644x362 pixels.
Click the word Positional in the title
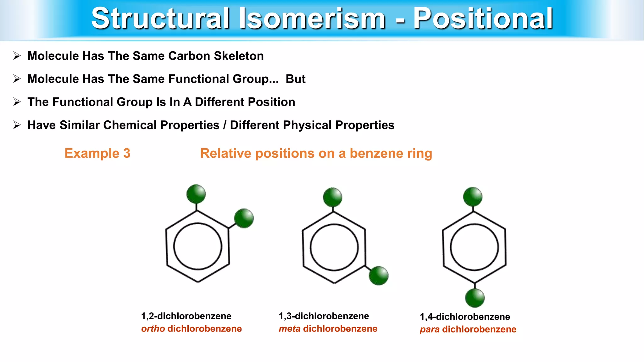[483, 19]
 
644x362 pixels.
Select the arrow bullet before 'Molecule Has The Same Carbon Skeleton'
[17, 56]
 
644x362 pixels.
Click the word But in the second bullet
[295, 79]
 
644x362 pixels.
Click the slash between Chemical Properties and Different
[225, 125]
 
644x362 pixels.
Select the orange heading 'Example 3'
[97, 153]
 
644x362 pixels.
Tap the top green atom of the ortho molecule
[196, 194]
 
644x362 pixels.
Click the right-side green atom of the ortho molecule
[244, 218]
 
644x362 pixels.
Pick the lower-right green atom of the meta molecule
[379, 276]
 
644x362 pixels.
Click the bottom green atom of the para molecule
[475, 298]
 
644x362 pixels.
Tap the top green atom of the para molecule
[473, 197]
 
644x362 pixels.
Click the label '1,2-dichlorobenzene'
[186, 316]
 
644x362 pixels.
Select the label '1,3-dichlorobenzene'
[324, 316]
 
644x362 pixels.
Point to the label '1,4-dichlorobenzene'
[465, 317]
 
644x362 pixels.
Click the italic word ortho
[153, 329]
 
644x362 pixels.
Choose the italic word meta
[289, 329]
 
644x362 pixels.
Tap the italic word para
[429, 330]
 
